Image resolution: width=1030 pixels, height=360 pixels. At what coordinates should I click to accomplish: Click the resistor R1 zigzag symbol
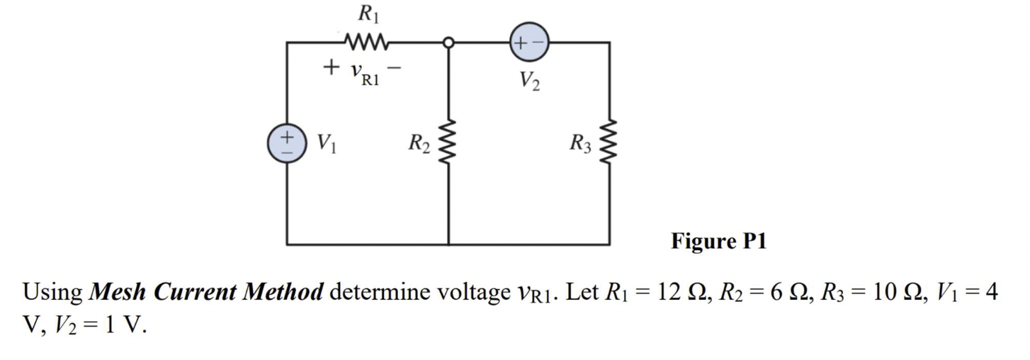[x=366, y=42]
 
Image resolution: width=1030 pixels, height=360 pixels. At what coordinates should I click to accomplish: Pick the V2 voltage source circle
[x=529, y=43]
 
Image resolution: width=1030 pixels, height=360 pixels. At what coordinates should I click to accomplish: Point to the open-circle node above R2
[x=448, y=43]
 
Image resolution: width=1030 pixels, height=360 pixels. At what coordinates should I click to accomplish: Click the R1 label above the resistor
[x=366, y=13]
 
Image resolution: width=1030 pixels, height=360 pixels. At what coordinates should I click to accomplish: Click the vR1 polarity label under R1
[x=366, y=72]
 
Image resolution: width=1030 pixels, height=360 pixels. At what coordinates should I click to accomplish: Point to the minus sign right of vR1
[x=398, y=68]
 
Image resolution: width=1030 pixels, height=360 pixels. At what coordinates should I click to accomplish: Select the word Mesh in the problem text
[x=118, y=292]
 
